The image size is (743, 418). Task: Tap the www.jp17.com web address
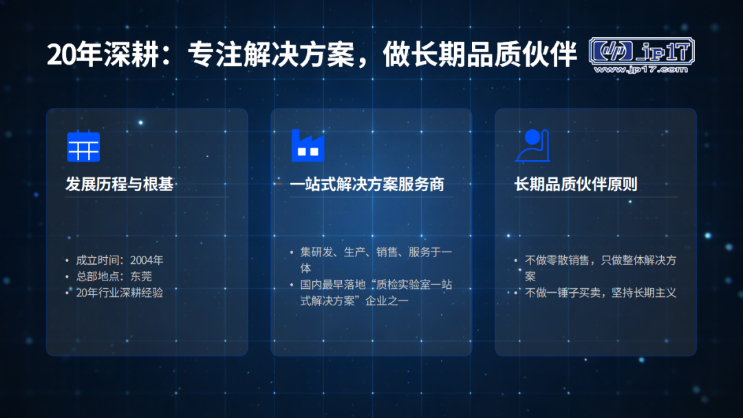tap(641, 69)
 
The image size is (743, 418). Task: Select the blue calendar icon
tap(83, 146)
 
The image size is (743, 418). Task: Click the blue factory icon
tap(308, 146)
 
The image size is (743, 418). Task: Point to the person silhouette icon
tap(532, 146)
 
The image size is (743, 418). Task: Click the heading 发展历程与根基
tap(120, 184)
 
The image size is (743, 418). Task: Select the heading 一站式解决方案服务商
tap(367, 184)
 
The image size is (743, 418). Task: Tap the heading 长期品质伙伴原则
tap(576, 184)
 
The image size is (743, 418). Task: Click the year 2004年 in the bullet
tap(147, 260)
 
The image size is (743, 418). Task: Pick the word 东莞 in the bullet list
tap(141, 276)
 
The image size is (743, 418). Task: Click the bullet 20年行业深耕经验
tap(120, 293)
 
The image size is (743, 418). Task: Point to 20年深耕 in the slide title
tap(103, 54)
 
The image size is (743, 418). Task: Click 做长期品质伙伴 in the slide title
tap(480, 54)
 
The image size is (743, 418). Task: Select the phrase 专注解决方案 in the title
tap(271, 54)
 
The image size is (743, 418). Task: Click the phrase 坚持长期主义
tap(644, 293)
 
